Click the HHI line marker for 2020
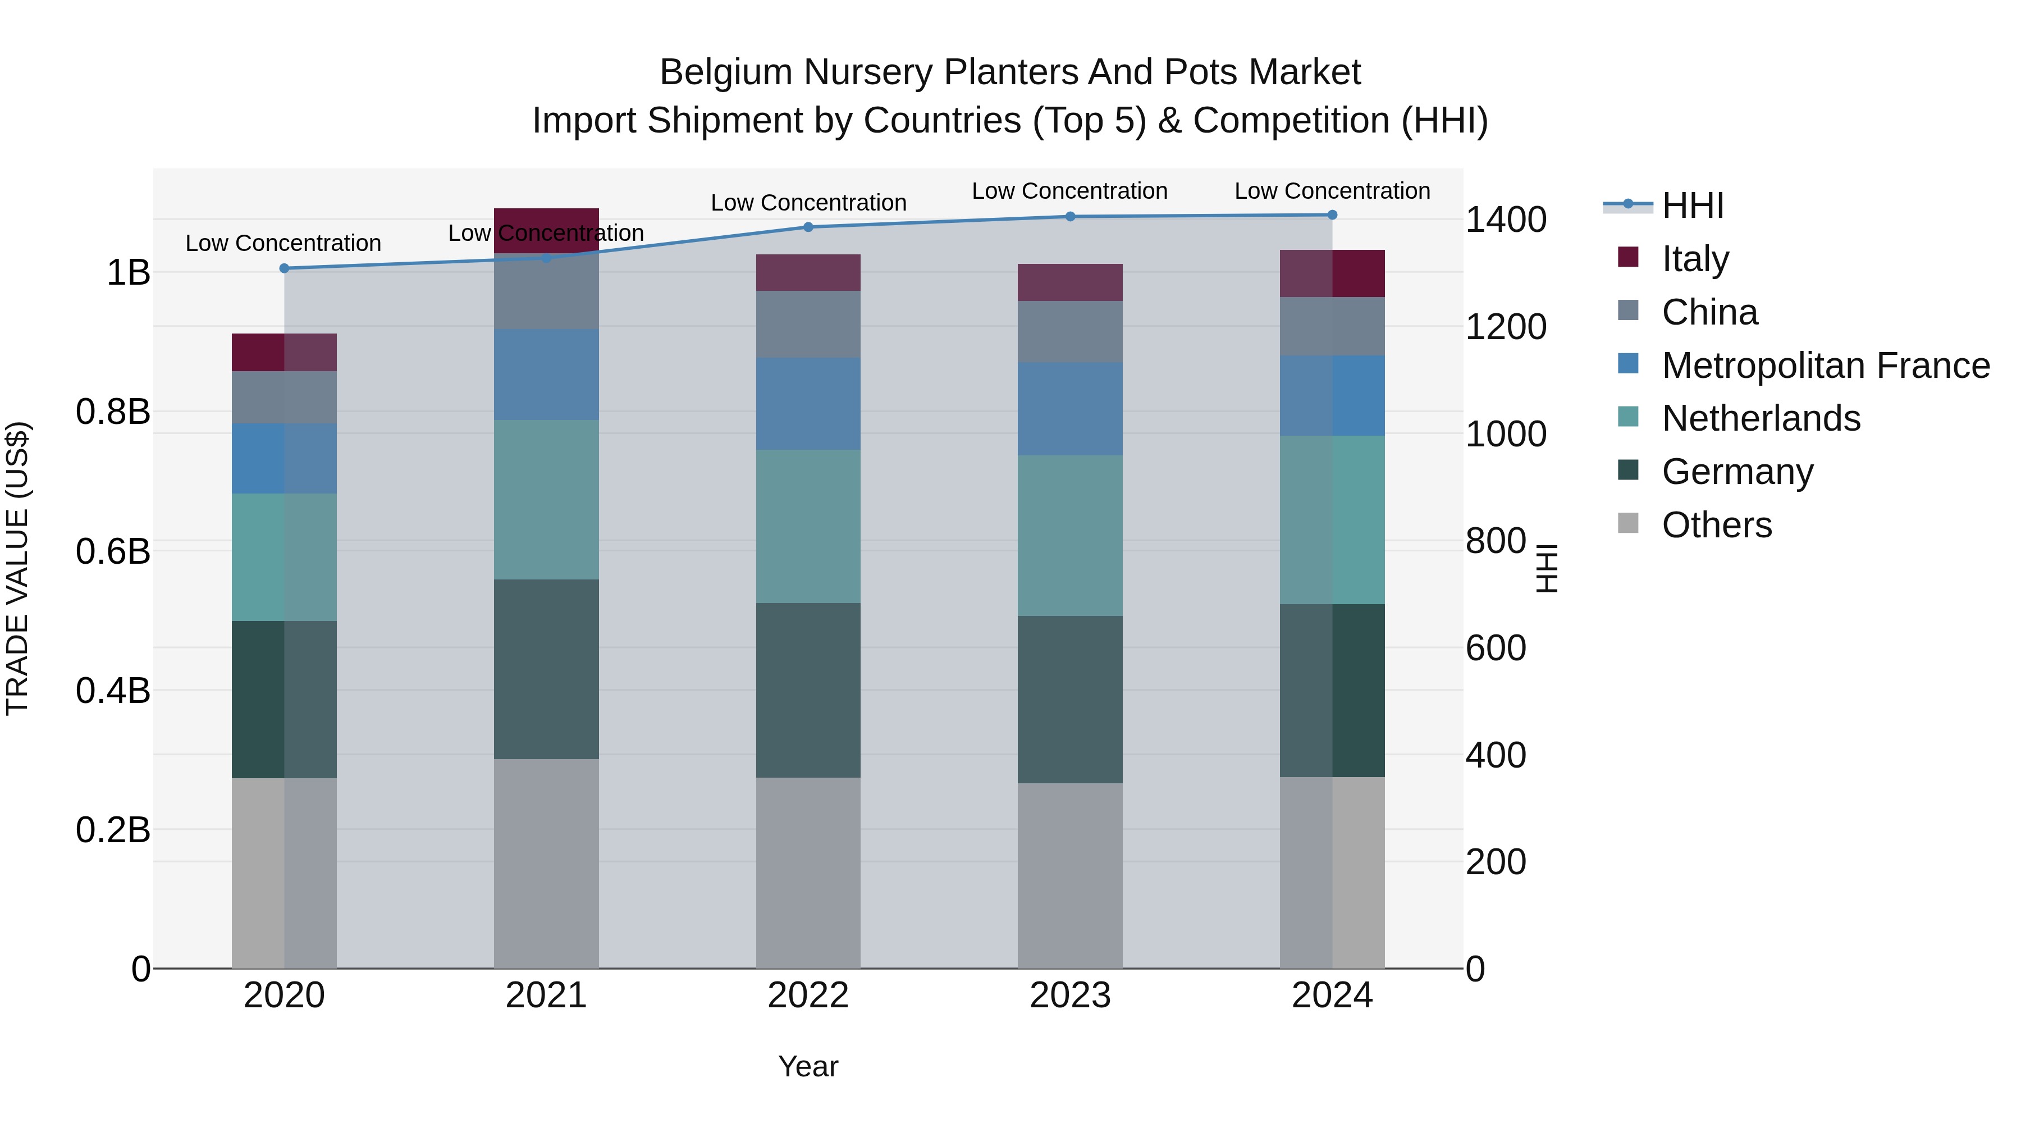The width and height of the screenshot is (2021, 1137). click(284, 268)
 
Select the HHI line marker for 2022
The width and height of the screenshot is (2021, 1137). click(808, 227)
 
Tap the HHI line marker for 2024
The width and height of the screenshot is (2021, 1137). click(1332, 215)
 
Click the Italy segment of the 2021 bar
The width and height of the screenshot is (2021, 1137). click(546, 231)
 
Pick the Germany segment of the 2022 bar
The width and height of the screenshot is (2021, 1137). click(808, 691)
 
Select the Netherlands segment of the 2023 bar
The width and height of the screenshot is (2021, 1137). click(1070, 536)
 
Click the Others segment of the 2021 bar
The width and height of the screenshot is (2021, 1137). click(546, 863)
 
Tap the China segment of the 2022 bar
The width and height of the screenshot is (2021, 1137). click(808, 325)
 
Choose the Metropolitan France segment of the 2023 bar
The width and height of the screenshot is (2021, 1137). click(1070, 409)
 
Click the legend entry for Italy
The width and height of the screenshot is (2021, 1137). click(1695, 259)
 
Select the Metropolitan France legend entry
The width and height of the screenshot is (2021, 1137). click(1825, 366)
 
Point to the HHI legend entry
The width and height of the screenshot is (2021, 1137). click(1692, 206)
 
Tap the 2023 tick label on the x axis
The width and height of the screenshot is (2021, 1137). click(1070, 996)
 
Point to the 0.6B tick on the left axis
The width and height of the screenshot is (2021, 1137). click(113, 551)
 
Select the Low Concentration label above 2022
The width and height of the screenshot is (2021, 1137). click(808, 203)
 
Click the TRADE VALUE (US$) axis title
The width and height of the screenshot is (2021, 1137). click(17, 568)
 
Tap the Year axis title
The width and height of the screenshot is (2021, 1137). click(808, 1066)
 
